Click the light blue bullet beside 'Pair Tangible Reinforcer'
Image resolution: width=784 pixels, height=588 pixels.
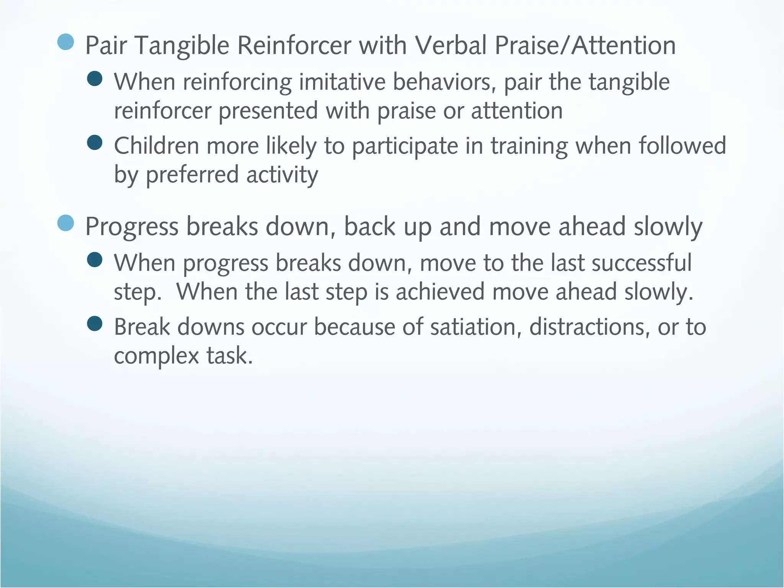[x=65, y=42]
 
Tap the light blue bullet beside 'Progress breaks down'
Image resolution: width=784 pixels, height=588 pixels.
[x=65, y=223]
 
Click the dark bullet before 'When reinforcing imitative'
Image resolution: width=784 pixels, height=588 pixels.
[x=95, y=79]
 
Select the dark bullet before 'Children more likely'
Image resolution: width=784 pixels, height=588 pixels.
[x=95, y=143]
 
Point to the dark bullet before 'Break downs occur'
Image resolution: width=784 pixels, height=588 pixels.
[x=95, y=323]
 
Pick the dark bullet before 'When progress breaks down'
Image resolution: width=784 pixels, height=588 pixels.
[x=95, y=260]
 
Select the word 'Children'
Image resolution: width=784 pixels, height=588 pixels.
[x=156, y=146]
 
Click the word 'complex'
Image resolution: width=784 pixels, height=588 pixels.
[x=156, y=356]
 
